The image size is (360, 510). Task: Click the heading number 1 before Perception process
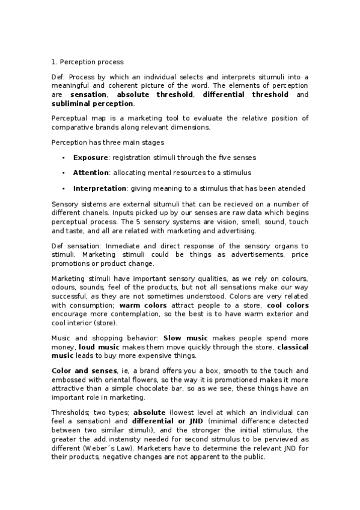coord(53,61)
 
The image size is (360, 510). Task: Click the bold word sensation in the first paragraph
coord(88,95)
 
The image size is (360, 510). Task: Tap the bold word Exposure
coord(90,158)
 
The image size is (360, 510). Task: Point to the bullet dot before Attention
coord(63,173)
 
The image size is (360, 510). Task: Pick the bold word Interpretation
coord(100,188)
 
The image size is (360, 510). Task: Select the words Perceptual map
coord(77,118)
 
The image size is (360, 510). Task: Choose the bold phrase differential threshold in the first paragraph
coord(246,95)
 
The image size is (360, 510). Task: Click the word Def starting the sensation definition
coord(58,246)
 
